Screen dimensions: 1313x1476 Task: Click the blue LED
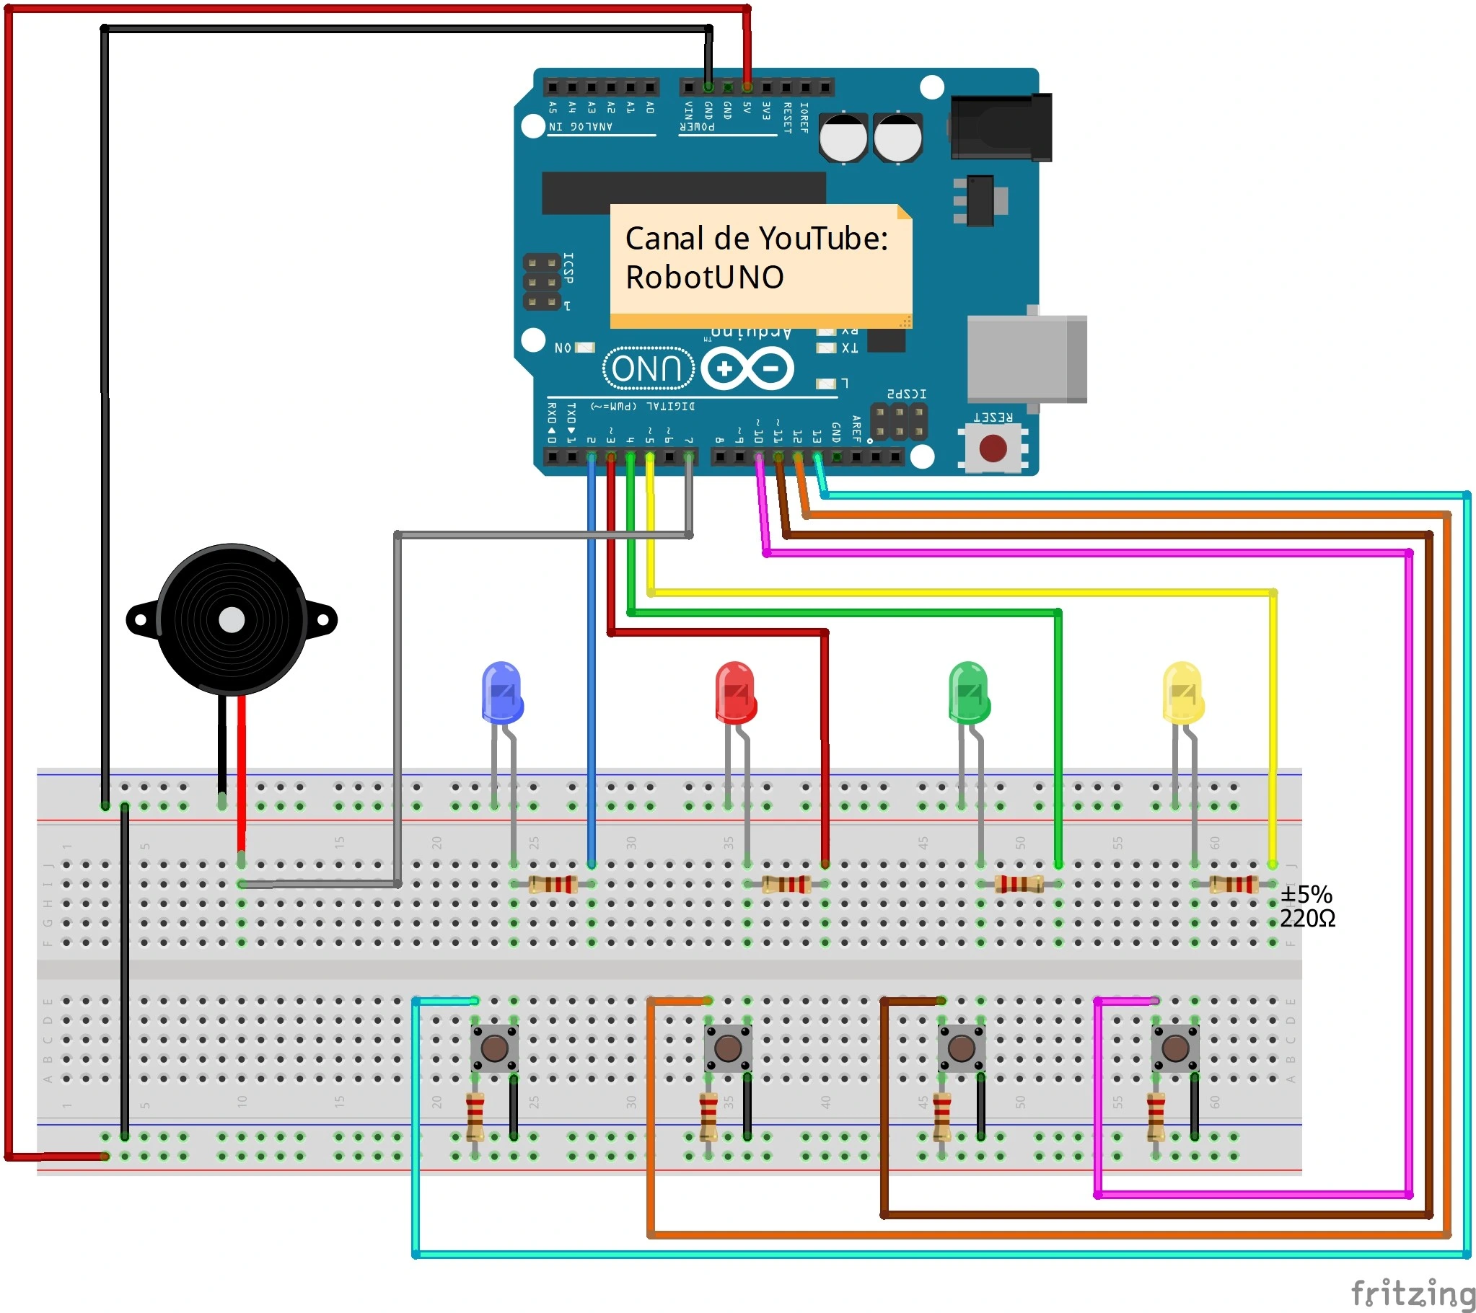tap(502, 692)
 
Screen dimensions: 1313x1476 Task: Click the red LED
tap(735, 692)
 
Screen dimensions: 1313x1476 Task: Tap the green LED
tap(968, 692)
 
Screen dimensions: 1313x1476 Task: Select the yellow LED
tap(1182, 692)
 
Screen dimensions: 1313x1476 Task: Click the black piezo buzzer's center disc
tap(231, 619)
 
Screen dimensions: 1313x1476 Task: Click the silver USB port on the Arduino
tap(1026, 359)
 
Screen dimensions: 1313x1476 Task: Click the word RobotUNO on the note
tap(704, 277)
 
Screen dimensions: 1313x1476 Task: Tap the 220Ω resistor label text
tap(1307, 918)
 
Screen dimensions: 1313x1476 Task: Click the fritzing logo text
tap(1412, 1291)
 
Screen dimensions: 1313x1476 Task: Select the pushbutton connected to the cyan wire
tap(494, 1048)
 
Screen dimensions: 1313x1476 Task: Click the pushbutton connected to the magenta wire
tap(1175, 1048)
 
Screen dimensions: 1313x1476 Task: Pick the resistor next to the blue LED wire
tap(553, 883)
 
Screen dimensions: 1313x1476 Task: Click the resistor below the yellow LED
tap(1234, 883)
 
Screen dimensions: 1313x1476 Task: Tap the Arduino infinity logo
tap(747, 368)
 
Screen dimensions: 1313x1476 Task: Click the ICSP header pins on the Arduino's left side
tap(542, 281)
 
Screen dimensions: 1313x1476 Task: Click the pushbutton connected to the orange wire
tap(727, 1048)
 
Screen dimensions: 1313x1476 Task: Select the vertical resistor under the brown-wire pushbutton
tap(941, 1116)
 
